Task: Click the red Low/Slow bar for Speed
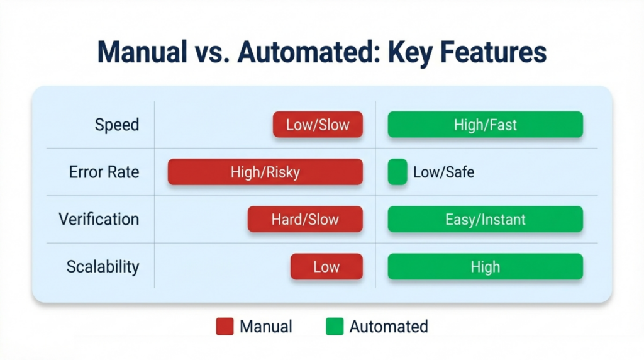(x=318, y=125)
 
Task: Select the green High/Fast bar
(x=485, y=125)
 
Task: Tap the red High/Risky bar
(x=265, y=172)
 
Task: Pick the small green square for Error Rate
(x=397, y=172)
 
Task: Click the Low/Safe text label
(x=443, y=172)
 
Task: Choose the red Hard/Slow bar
(x=305, y=219)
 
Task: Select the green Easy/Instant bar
(x=485, y=219)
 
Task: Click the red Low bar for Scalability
(x=326, y=266)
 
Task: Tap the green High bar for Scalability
(x=485, y=266)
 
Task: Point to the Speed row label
(x=117, y=125)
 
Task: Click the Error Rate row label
(x=104, y=172)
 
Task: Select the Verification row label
(x=99, y=219)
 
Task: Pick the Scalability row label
(x=103, y=266)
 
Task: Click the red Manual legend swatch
(x=225, y=327)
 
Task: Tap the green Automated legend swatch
(x=335, y=327)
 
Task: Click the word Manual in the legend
(x=266, y=327)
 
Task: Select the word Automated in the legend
(x=389, y=327)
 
